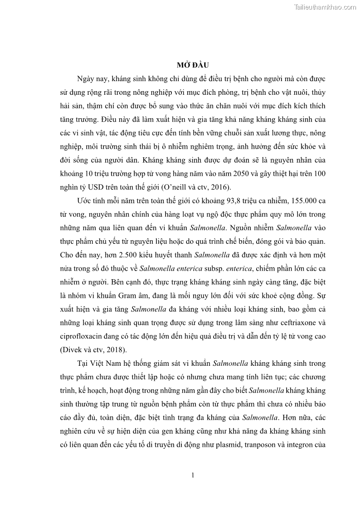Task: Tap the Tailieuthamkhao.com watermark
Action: click(326, 7)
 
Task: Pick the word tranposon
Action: click(263, 445)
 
